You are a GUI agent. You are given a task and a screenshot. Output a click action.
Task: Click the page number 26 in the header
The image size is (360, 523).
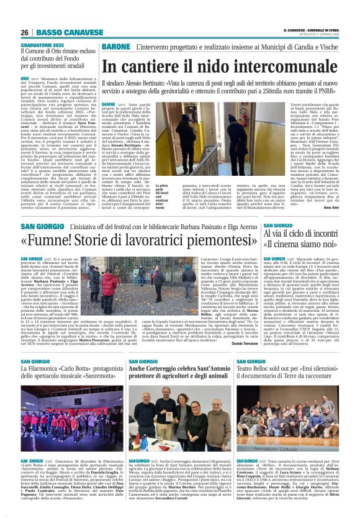(x=25, y=32)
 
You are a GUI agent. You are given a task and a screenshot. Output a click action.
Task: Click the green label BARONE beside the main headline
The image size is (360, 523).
(x=115, y=47)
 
